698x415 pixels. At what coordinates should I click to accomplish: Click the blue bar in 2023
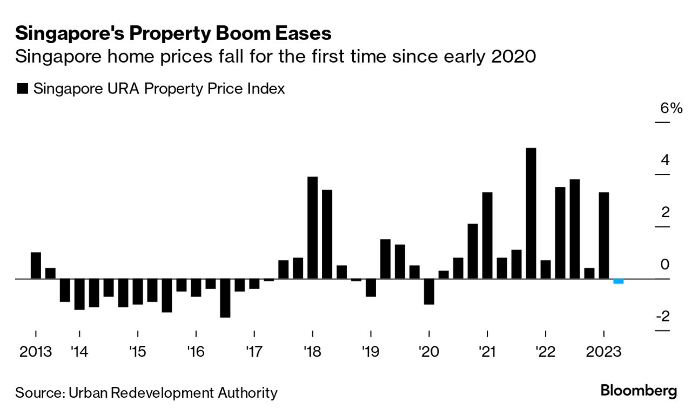point(619,281)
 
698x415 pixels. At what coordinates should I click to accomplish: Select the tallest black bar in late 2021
point(531,213)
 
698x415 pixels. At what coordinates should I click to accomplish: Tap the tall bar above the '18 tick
point(312,227)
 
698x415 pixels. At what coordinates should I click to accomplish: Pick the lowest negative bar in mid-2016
point(225,298)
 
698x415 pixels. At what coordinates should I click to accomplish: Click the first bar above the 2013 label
point(36,265)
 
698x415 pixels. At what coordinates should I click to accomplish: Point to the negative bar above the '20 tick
point(429,291)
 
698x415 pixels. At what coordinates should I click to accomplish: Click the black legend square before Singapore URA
point(22,89)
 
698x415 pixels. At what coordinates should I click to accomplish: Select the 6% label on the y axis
point(671,108)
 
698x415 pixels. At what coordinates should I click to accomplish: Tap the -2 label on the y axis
point(662,316)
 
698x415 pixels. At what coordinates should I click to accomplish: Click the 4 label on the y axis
point(665,160)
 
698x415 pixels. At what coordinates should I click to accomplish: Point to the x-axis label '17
point(254,352)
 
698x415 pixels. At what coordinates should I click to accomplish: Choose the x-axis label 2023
point(603,352)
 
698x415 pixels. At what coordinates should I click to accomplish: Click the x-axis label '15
point(137,352)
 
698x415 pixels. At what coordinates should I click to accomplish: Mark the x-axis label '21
point(487,352)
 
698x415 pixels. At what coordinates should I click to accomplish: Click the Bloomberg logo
point(639,391)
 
